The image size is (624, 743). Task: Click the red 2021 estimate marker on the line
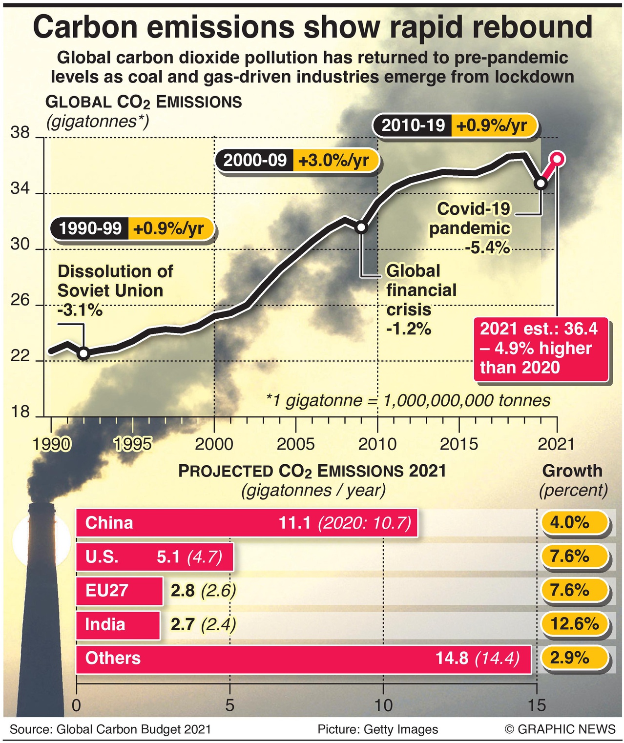557,159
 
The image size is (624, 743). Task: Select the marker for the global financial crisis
361,227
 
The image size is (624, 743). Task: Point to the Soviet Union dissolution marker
83,353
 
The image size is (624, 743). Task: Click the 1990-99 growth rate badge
133,228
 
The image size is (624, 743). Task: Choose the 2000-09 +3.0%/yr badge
297,160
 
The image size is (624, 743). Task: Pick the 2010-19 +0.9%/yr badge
455,125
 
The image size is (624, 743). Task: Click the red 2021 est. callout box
541,349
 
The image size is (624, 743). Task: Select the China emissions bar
247,523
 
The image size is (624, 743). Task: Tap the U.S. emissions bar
154,557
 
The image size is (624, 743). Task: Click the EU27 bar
119,591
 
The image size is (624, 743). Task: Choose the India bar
118,624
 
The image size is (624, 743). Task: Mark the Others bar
303,658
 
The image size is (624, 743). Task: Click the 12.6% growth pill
575,624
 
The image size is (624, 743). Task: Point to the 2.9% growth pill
575,658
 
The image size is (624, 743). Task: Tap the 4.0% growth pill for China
575,522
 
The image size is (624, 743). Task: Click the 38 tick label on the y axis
20,133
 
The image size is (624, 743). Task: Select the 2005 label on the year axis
295,444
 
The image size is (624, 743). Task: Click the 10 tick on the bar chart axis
384,705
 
